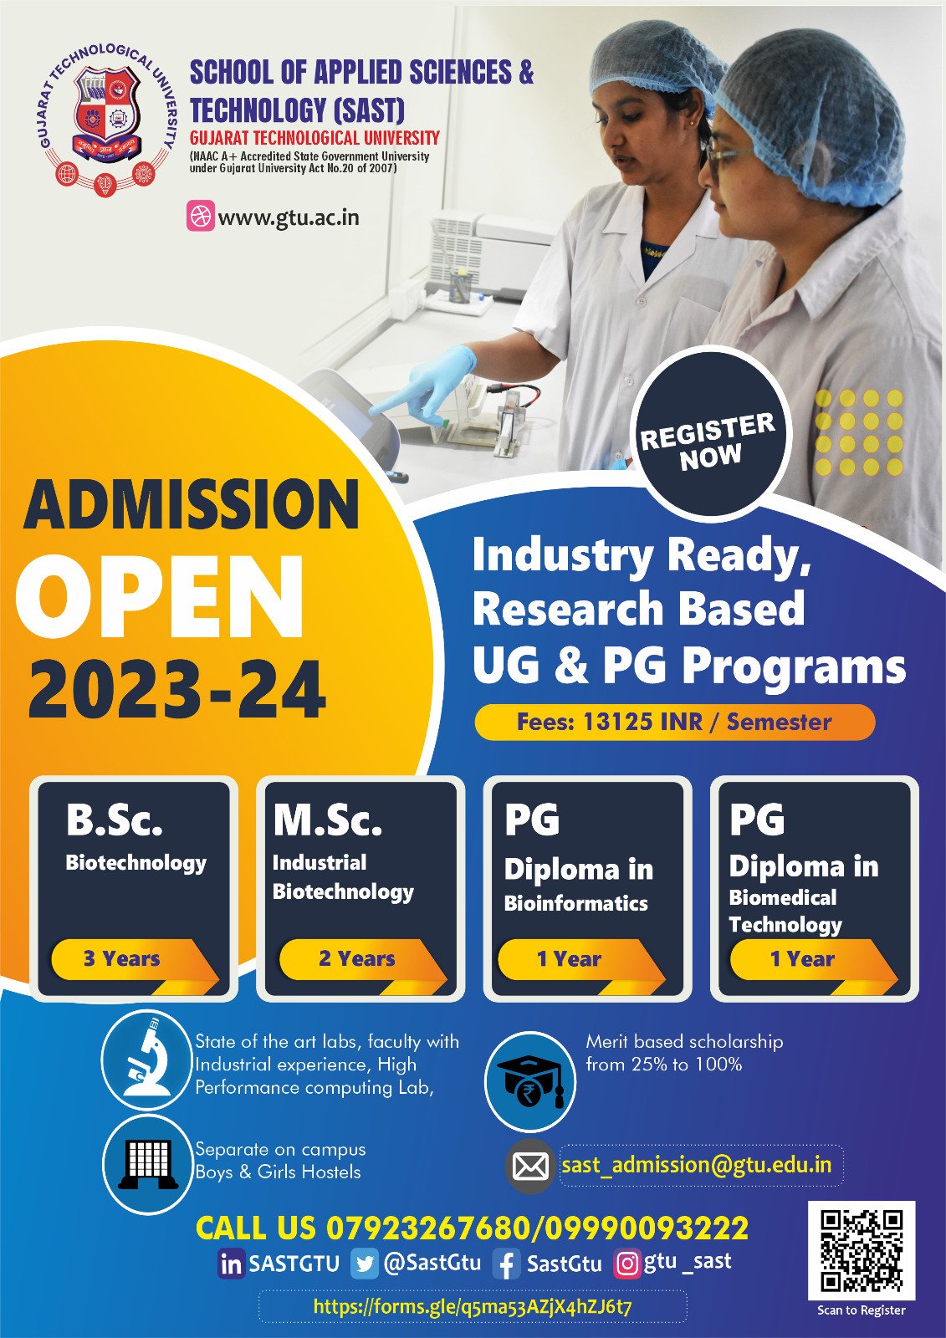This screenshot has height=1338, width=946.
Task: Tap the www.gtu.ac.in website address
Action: [x=289, y=217]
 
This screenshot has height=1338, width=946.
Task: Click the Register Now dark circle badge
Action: [x=710, y=434]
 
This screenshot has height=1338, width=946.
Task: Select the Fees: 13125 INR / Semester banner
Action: [x=675, y=722]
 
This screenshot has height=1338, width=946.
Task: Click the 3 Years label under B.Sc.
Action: [x=122, y=958]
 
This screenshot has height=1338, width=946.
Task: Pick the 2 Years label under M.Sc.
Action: [x=357, y=958]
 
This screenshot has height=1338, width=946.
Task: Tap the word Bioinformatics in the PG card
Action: [x=575, y=903]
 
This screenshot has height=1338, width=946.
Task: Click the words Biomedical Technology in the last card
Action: [x=785, y=912]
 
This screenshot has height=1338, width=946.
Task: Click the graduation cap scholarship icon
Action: [x=530, y=1082]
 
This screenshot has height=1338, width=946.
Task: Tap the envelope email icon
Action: [x=530, y=1166]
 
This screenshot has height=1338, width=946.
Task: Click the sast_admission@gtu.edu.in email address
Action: [x=696, y=1165]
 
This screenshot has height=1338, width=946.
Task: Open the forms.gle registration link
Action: [x=473, y=1306]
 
